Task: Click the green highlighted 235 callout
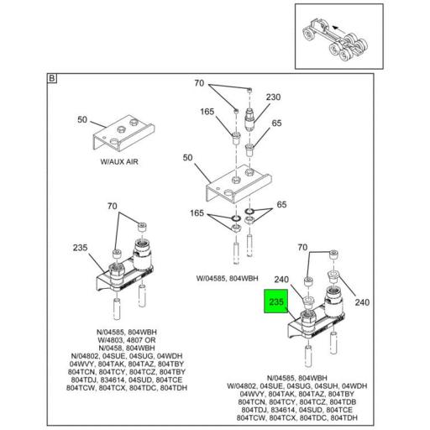coord(276,302)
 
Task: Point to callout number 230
coord(273,97)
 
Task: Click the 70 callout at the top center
coord(199,84)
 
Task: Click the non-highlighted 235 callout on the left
coord(81,248)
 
